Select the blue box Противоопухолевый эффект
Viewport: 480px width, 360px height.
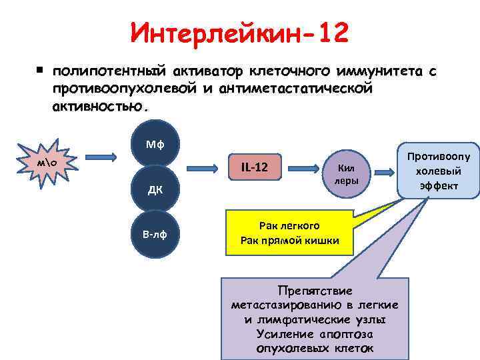point(437,170)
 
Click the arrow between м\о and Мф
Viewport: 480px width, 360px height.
point(101,156)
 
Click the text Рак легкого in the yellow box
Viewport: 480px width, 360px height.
point(289,226)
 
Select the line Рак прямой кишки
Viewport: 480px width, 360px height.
point(289,240)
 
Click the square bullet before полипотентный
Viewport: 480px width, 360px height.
point(40,69)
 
